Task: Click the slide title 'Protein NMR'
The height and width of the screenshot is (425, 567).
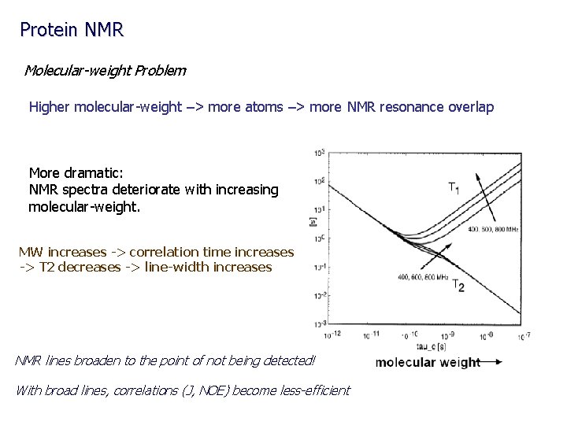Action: point(72,30)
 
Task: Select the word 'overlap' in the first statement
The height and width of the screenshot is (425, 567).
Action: point(470,106)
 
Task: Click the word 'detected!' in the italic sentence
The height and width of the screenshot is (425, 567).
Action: point(288,360)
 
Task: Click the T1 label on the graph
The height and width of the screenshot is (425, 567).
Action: point(454,187)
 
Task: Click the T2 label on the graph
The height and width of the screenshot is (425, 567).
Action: point(458,286)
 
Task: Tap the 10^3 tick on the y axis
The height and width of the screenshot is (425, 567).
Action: point(320,152)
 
